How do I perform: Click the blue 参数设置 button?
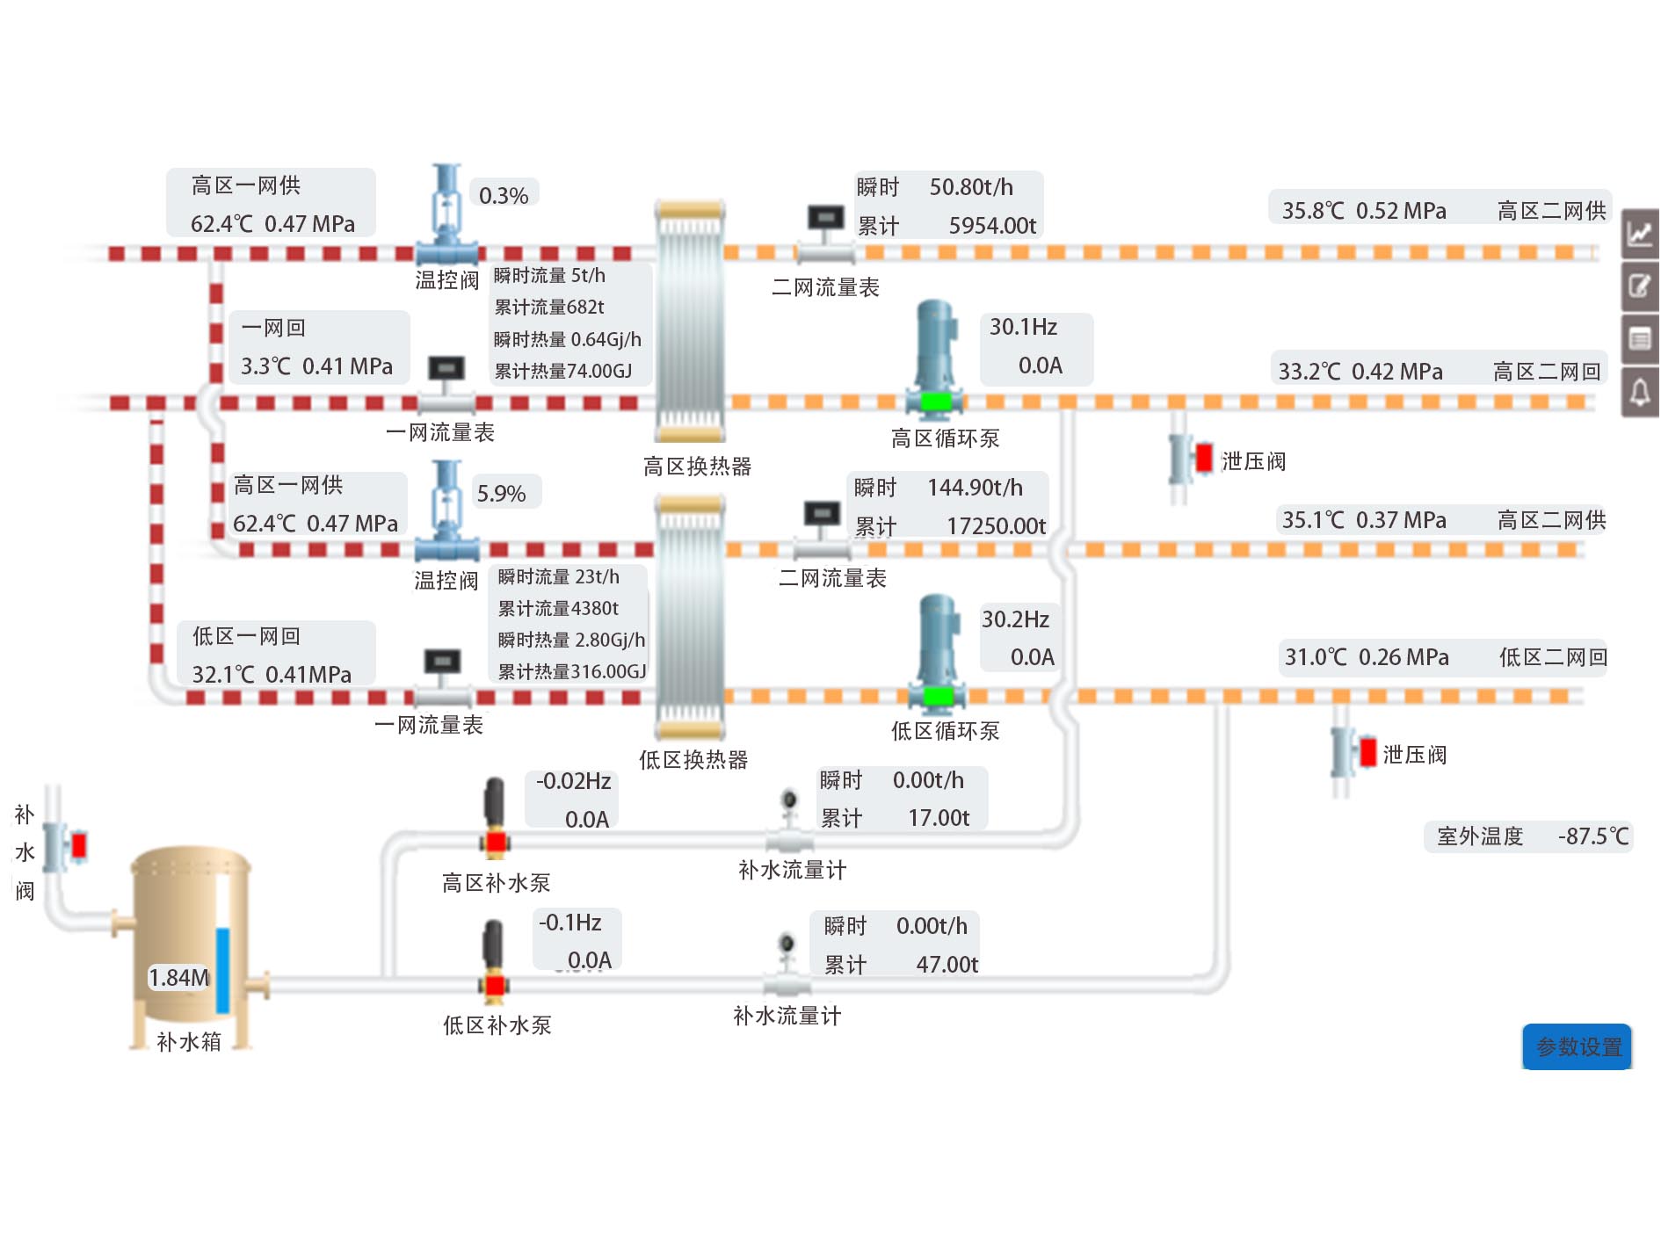point(1578,1046)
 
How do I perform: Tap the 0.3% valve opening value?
point(504,195)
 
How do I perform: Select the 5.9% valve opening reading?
point(501,494)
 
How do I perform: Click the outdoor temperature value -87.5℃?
point(1592,836)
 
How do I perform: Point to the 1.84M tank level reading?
point(178,977)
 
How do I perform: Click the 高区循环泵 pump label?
point(945,438)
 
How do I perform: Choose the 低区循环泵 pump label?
point(945,730)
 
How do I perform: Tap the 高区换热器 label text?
point(697,466)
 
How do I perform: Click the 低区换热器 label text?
point(693,759)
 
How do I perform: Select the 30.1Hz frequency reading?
point(1023,327)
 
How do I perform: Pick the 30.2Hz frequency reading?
point(1015,619)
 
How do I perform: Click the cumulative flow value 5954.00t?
point(992,226)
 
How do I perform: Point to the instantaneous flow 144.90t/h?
point(975,488)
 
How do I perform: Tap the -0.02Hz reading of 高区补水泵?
point(573,781)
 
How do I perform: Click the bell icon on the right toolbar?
point(1640,392)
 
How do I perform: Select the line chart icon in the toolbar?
point(1640,234)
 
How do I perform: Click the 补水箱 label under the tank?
point(188,1041)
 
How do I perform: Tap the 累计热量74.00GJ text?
point(562,371)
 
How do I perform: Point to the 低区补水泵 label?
point(497,1024)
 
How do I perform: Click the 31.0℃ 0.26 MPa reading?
point(1367,657)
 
